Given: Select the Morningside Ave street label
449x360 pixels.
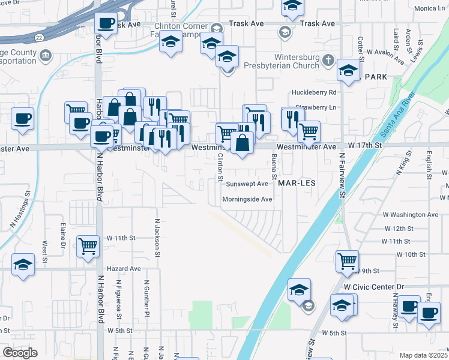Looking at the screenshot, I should point(247,199).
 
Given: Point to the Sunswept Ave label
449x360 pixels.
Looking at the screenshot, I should point(247,184).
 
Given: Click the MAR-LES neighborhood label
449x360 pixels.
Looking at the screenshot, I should point(296,182).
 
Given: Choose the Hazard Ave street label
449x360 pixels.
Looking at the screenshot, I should point(124,269).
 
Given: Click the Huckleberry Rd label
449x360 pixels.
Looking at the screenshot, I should point(315,92).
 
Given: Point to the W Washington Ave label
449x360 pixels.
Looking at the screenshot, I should point(411,214).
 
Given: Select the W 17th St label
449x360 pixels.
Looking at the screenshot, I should point(364,146).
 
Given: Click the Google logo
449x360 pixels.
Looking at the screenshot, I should point(20,352).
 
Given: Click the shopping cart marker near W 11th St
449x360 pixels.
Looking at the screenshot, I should point(88,245).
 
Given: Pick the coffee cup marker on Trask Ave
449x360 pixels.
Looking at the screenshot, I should point(106,23).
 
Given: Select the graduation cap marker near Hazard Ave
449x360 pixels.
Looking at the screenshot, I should point(23,263).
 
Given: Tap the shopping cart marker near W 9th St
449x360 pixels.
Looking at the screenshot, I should point(347,260).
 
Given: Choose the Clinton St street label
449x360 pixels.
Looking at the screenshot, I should point(220,167).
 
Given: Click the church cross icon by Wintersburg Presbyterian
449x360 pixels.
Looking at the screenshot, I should point(328,60).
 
